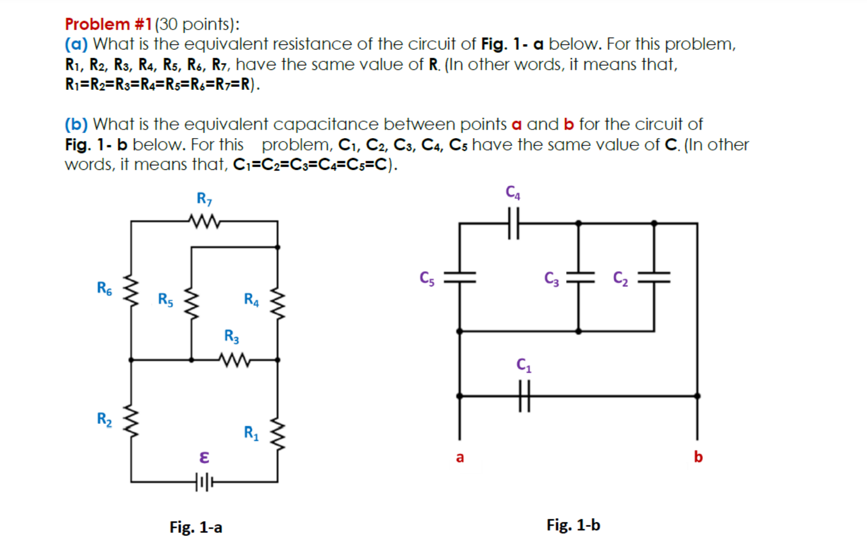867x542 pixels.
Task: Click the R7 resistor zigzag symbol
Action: tap(204, 221)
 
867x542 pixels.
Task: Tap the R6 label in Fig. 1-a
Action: tap(105, 288)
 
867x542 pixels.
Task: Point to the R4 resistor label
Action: tap(251, 299)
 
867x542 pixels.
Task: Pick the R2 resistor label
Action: tap(105, 419)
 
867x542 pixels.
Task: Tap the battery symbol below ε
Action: tap(205, 482)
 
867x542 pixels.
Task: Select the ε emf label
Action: tap(205, 457)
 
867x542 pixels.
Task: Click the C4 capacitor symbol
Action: tap(514, 223)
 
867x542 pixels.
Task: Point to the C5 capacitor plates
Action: tap(460, 277)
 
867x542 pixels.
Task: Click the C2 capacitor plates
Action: tap(654, 277)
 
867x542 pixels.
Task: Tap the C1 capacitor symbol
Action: tap(524, 396)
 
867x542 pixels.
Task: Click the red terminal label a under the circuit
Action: tap(460, 457)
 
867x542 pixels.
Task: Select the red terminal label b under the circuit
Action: tap(698, 457)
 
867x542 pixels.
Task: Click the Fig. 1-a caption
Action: tap(196, 527)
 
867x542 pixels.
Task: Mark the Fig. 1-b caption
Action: tap(573, 525)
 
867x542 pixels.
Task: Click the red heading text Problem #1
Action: tap(109, 24)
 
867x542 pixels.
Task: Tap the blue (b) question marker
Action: tap(76, 124)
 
